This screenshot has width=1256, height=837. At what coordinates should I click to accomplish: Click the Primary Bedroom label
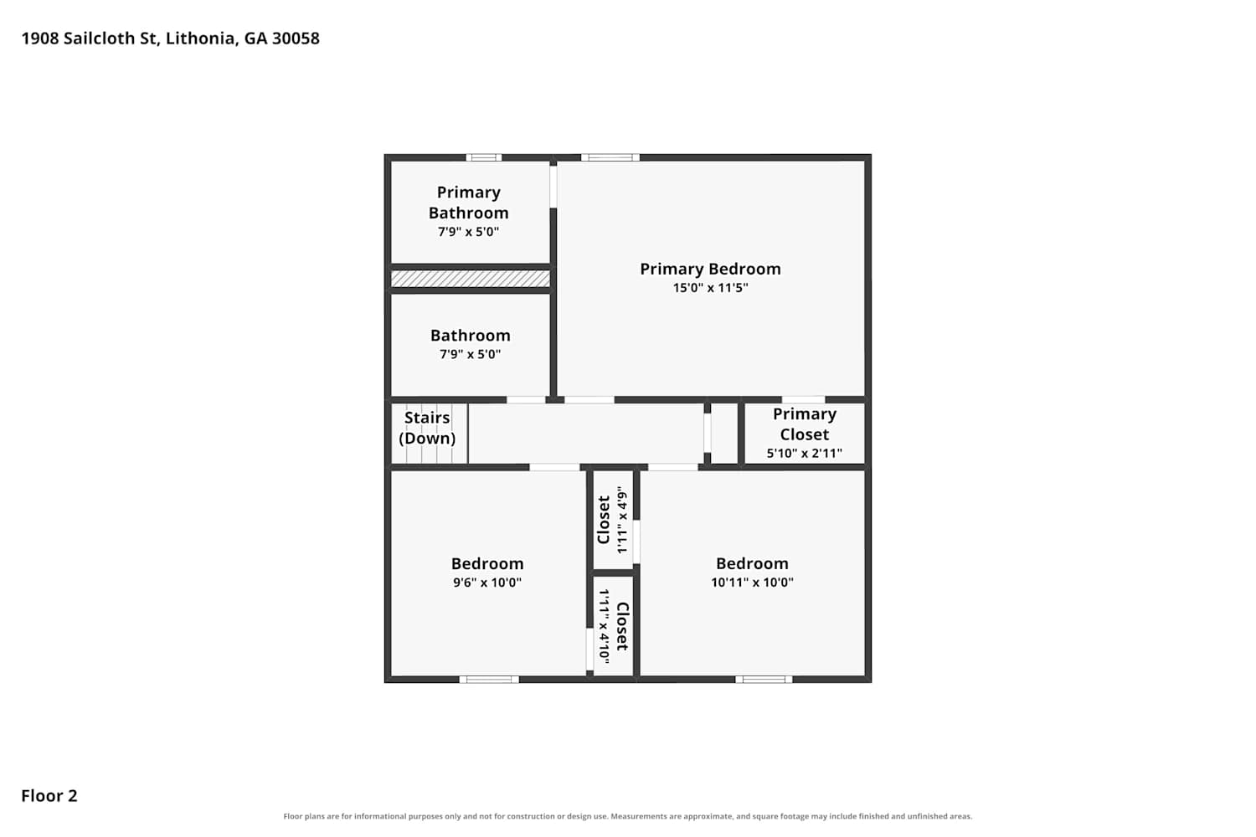[710, 270]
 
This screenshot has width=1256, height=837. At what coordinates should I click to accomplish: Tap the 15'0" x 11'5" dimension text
[710, 288]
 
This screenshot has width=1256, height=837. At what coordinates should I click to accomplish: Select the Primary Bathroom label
[469, 203]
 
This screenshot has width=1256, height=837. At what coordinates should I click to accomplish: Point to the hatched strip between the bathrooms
[470, 279]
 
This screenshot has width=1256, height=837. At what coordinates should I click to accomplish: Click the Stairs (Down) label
[427, 428]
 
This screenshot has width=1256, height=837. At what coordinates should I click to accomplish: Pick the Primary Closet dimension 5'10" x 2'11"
[805, 453]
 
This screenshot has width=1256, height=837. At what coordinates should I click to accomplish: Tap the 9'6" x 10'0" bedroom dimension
[487, 582]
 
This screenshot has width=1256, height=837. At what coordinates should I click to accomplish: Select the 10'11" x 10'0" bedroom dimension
[753, 582]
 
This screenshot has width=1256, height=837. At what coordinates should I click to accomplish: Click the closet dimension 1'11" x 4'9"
[621, 520]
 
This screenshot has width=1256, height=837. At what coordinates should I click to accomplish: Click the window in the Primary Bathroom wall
[483, 157]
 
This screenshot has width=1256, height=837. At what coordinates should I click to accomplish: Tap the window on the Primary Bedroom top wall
[610, 157]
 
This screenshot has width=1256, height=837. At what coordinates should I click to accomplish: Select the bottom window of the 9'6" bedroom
[489, 680]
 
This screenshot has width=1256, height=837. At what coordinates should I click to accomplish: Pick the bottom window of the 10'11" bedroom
[764, 680]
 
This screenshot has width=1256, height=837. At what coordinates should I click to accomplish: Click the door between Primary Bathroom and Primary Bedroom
[553, 187]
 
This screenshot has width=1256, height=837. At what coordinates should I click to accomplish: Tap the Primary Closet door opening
[804, 400]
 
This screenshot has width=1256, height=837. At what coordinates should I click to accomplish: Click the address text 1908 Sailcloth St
[90, 39]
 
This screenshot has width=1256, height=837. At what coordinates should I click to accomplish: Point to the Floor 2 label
[49, 795]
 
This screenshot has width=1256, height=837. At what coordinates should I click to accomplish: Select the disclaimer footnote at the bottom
[627, 816]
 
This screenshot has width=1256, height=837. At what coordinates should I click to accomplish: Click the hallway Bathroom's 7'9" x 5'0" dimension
[470, 354]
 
